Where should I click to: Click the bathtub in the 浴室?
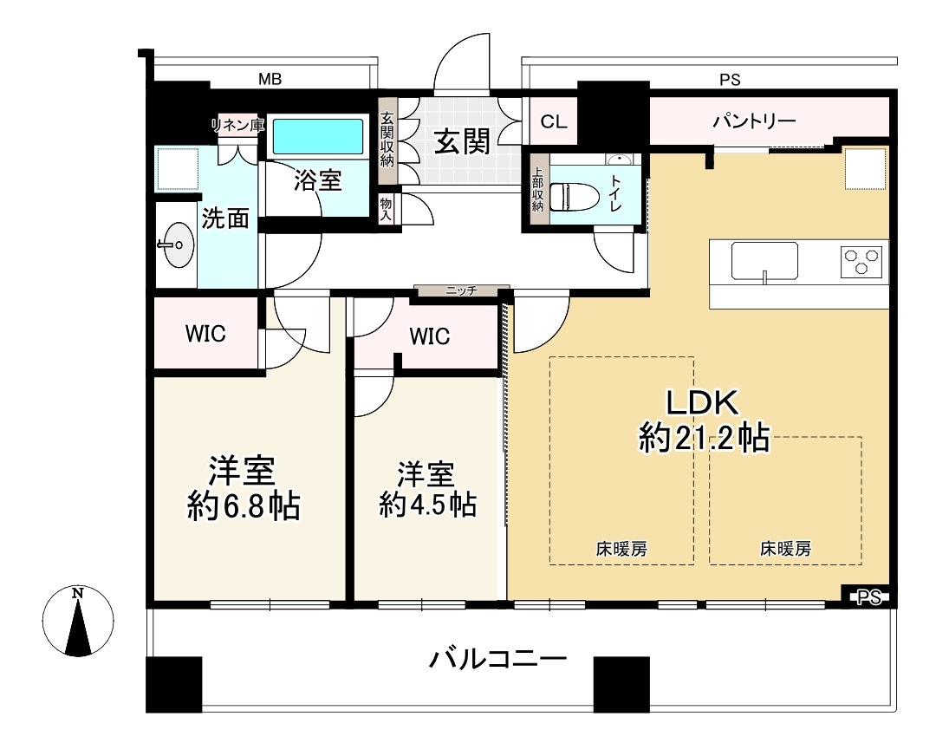click(x=318, y=137)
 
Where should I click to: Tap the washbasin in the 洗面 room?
click(x=177, y=244)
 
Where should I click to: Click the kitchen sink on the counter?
click(x=764, y=261)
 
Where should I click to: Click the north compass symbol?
click(x=78, y=621)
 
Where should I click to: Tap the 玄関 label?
click(x=462, y=141)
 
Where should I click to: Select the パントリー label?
click(x=755, y=122)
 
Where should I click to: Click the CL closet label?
click(x=553, y=122)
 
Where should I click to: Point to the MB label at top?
click(x=270, y=79)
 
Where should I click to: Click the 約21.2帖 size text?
click(x=704, y=438)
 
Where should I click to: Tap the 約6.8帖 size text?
click(x=244, y=506)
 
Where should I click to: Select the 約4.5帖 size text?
click(x=427, y=505)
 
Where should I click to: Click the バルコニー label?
click(x=497, y=660)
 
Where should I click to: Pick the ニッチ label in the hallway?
click(x=461, y=290)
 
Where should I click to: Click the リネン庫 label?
click(x=237, y=126)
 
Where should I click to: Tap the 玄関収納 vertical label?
click(x=387, y=140)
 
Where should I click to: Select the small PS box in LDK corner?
click(x=869, y=596)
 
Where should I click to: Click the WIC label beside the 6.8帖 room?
click(x=205, y=333)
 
